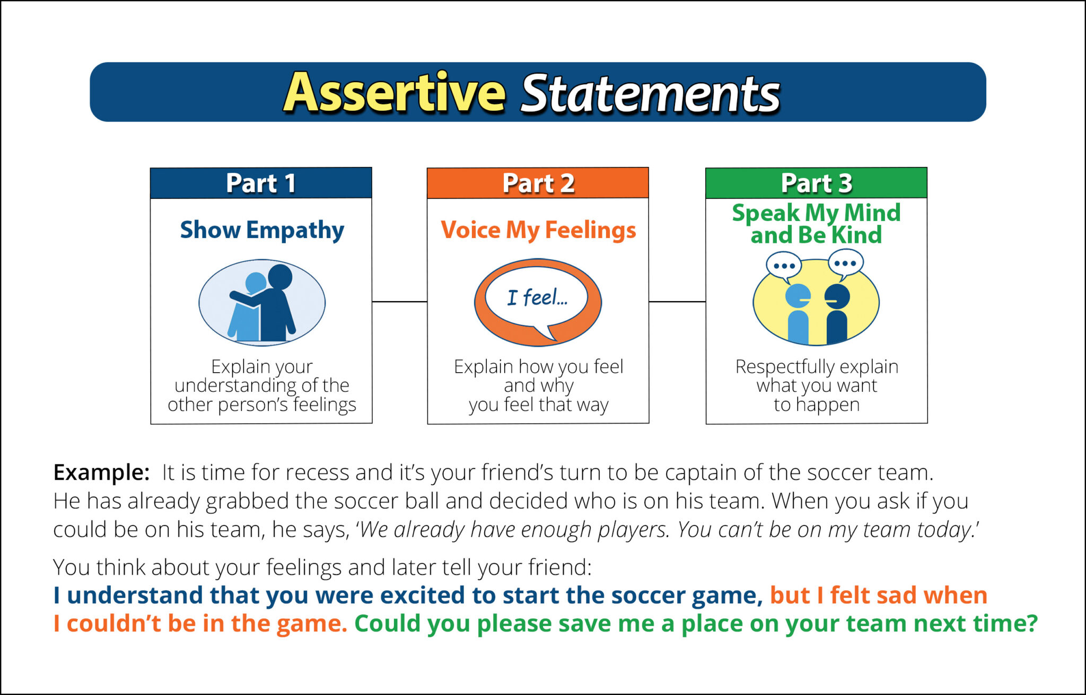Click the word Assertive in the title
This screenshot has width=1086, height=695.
(395, 93)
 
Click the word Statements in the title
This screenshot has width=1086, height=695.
(650, 94)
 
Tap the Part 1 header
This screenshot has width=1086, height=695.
(261, 183)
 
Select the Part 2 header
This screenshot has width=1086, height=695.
(538, 183)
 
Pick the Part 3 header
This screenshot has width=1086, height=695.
(816, 183)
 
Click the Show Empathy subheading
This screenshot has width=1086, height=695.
(262, 230)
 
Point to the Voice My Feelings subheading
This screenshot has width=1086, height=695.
(538, 230)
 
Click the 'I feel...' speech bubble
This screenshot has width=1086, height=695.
(537, 298)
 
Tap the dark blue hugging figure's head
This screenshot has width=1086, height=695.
(280, 277)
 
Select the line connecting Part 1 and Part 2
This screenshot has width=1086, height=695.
(399, 302)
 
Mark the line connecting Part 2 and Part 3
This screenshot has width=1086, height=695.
(677, 302)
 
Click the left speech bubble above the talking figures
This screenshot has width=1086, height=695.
(784, 266)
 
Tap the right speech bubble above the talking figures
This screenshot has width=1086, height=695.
(845, 263)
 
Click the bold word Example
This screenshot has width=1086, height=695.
(101, 472)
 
